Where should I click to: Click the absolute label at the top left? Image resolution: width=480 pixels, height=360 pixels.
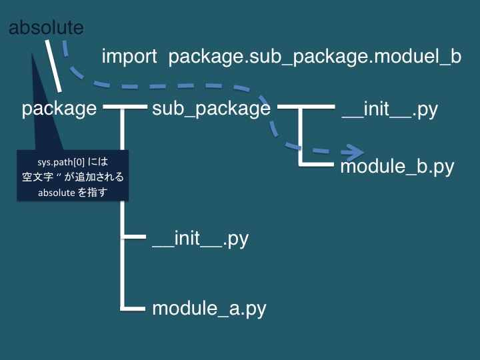tap(46, 28)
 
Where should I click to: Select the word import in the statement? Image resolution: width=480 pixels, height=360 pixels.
tap(129, 57)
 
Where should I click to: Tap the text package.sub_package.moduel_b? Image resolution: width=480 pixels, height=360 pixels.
tap(315, 57)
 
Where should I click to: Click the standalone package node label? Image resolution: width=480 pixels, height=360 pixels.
tap(59, 109)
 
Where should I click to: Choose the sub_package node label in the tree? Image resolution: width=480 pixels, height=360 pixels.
tap(211, 109)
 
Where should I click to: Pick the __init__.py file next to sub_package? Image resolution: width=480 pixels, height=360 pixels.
tap(389, 109)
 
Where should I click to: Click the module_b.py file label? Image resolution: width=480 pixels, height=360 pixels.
tap(397, 166)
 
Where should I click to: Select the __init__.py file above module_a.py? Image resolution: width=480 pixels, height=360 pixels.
tap(200, 238)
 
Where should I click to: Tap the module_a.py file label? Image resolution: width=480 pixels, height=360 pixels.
tap(209, 309)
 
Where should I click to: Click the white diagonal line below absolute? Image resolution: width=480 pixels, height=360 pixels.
tap(54, 67)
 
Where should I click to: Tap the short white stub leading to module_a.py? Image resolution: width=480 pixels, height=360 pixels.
tap(133, 308)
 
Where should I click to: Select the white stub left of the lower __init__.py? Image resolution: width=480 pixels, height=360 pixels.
tap(133, 237)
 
